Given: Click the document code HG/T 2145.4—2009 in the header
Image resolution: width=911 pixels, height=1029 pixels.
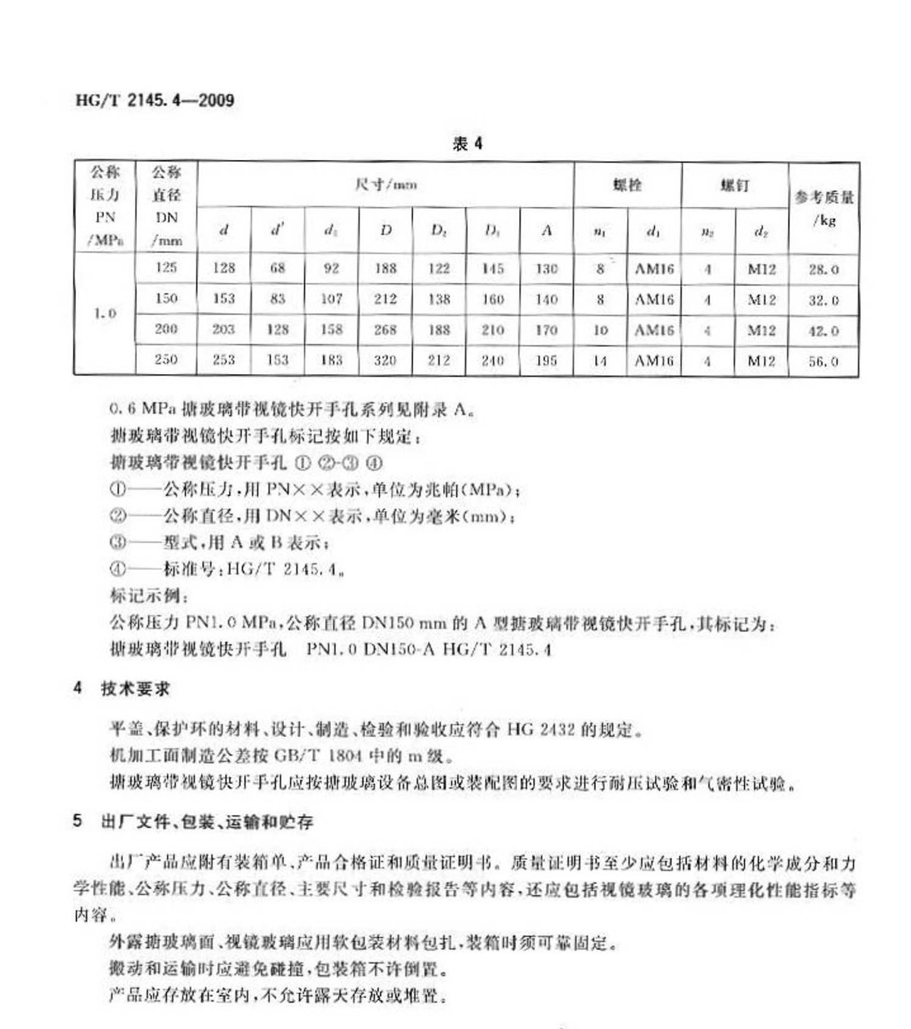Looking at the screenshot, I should tap(155, 99).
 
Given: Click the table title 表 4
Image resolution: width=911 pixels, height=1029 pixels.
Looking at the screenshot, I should tap(467, 143).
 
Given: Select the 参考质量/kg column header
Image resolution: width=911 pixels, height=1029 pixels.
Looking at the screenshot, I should tap(824, 208).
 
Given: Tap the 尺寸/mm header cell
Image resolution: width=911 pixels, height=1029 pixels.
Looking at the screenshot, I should tap(386, 184).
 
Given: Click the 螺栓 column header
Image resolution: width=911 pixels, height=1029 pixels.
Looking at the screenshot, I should tap(627, 184).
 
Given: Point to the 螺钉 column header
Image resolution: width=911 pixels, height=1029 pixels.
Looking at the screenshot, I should tap(734, 184).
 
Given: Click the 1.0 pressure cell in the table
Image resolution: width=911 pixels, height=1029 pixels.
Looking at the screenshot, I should tap(105, 313).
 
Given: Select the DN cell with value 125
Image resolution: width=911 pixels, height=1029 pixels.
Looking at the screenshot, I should tap(165, 267).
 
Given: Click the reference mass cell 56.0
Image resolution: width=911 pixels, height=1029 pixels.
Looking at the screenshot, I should tap(823, 361).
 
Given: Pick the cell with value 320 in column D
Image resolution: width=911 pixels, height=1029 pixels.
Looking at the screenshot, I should tap(385, 360).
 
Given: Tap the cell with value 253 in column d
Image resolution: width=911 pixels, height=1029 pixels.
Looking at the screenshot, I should tap(223, 360).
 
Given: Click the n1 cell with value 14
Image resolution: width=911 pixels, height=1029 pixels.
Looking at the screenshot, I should tap(600, 361).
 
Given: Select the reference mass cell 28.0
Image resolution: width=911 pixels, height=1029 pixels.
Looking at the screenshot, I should tap(823, 269).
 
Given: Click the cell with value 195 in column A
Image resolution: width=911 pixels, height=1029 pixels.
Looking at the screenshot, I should tap(546, 360).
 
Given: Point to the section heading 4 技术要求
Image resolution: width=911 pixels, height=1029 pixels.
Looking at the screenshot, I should tap(121, 688).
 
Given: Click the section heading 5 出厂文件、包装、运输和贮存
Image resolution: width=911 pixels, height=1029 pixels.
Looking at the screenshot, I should tap(193, 821).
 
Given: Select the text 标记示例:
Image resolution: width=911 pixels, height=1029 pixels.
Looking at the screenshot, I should tap(145, 596).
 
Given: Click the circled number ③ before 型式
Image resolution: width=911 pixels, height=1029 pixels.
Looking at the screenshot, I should tap(117, 543).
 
